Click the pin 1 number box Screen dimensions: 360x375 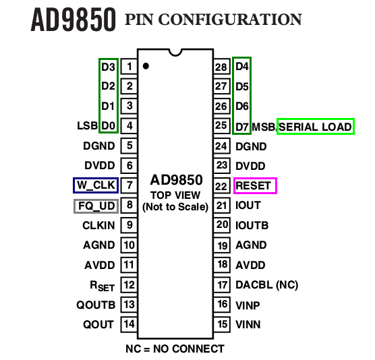coord(128,66)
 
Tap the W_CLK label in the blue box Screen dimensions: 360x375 coord(95,185)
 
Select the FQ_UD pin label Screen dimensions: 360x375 coord(95,206)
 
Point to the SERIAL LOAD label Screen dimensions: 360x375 coord(316,126)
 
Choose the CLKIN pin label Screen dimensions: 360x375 coord(98,225)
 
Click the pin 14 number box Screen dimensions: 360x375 coord(128,324)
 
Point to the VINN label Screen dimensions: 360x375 coord(248,324)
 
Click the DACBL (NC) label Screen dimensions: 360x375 coord(266,284)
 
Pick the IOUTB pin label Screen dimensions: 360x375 coord(252,225)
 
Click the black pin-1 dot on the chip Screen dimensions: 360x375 coord(146,66)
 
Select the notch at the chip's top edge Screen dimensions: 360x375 coord(175,51)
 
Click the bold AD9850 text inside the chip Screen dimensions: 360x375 coord(175,180)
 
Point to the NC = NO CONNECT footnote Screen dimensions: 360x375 coord(175,349)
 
